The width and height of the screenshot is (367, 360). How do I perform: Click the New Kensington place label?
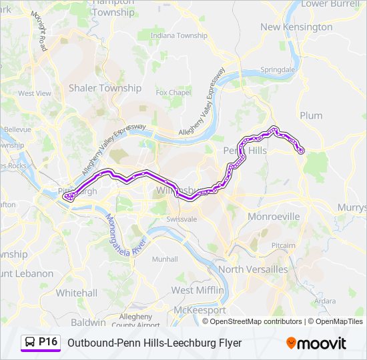296,27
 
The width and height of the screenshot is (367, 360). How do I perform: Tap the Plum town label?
311,115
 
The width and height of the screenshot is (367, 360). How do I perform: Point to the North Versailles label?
253,269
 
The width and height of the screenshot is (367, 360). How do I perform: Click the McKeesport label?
199,310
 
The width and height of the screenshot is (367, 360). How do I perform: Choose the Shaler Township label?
105,87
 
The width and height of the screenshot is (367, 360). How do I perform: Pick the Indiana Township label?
179,35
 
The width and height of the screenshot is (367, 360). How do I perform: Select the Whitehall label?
76,293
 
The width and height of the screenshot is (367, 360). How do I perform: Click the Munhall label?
164,259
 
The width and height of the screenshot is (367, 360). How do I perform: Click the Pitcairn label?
283,246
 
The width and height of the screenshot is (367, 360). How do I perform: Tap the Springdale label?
278,69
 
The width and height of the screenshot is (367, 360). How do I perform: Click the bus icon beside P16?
30,343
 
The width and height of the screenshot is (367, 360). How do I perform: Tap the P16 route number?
49,342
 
